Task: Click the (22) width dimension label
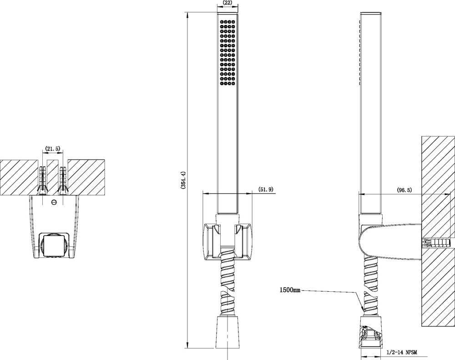point(227,3)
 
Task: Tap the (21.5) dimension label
point(52,149)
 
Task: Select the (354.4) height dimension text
point(183,180)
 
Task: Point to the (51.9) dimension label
point(266,190)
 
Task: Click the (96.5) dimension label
point(404,190)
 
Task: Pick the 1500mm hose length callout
point(290,290)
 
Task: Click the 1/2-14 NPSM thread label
point(402,352)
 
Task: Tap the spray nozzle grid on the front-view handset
point(227,52)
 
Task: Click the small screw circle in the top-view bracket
point(53,202)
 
